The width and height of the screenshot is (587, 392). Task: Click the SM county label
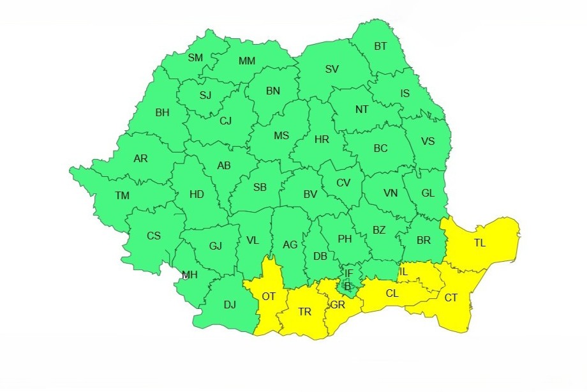[x=195, y=58]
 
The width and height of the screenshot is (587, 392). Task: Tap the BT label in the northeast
[x=380, y=46]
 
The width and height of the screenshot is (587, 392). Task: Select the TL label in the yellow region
[x=479, y=243]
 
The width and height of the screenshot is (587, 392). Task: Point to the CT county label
[x=451, y=298]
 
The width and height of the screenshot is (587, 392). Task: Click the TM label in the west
[x=122, y=196]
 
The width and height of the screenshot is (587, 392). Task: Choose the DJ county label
[x=230, y=305]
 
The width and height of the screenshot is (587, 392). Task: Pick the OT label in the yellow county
[x=269, y=296]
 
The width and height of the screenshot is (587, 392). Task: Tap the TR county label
[x=305, y=312]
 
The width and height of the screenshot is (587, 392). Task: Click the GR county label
[x=338, y=305]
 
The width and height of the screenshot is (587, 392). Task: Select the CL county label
[x=393, y=294]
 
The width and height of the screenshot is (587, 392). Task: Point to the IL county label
[x=403, y=273]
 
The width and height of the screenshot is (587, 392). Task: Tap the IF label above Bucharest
[x=348, y=273]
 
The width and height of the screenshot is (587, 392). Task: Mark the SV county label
[x=332, y=70]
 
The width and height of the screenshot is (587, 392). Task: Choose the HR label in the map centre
[x=322, y=139]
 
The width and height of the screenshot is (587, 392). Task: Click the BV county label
[x=310, y=194]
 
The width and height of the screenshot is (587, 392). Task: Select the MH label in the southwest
[x=189, y=275]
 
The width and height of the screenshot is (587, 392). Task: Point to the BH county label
[x=162, y=113]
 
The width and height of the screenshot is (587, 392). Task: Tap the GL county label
[x=427, y=193]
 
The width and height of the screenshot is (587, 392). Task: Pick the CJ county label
[x=226, y=121]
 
